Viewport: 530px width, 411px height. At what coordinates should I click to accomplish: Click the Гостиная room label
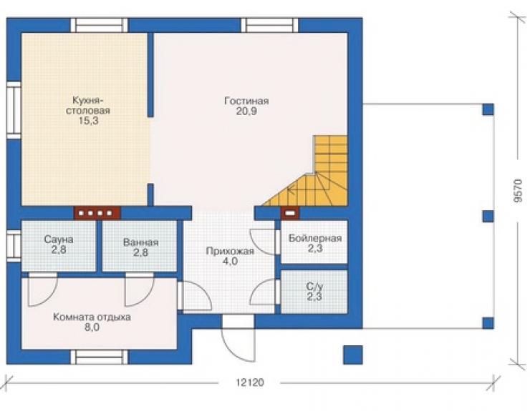[x=246, y=101]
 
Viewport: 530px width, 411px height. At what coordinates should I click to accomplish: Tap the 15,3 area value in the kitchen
[x=89, y=121]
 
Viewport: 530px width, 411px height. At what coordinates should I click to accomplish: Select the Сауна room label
[x=59, y=239]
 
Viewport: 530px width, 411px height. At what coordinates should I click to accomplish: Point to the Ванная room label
[x=140, y=242]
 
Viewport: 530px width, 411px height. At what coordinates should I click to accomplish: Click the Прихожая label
[x=230, y=252]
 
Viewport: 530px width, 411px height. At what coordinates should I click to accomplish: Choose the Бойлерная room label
[x=315, y=238]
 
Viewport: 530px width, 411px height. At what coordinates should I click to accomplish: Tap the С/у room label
[x=314, y=287]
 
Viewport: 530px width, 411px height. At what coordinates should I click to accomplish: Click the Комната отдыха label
[x=92, y=317]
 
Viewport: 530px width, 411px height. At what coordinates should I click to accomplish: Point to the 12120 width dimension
[x=250, y=382]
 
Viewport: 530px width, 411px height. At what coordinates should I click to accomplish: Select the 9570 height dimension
[x=519, y=191]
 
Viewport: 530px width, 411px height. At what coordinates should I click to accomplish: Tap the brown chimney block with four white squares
[x=97, y=213]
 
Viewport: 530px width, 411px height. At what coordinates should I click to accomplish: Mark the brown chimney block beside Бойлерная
[x=290, y=213]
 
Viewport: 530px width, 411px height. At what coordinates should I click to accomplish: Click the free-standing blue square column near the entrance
[x=353, y=355]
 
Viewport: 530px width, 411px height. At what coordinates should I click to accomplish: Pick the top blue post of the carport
[x=488, y=109]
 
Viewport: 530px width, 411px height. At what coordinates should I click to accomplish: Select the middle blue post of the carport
[x=488, y=216]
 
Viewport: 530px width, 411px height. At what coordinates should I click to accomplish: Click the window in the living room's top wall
[x=270, y=25]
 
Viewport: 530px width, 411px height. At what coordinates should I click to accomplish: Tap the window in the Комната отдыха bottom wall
[x=100, y=357]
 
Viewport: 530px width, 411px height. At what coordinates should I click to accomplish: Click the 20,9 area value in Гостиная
[x=246, y=111]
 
